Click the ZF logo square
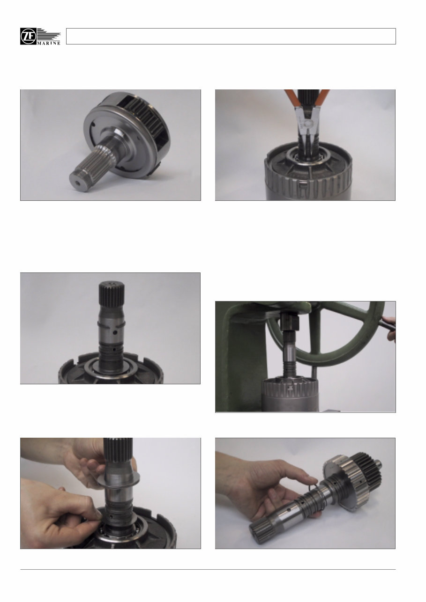28,37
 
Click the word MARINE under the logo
49,43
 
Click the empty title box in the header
231,37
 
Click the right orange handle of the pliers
323,98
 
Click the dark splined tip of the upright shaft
112,293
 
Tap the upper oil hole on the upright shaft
115,333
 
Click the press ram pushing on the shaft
290,322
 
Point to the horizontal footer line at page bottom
208,569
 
